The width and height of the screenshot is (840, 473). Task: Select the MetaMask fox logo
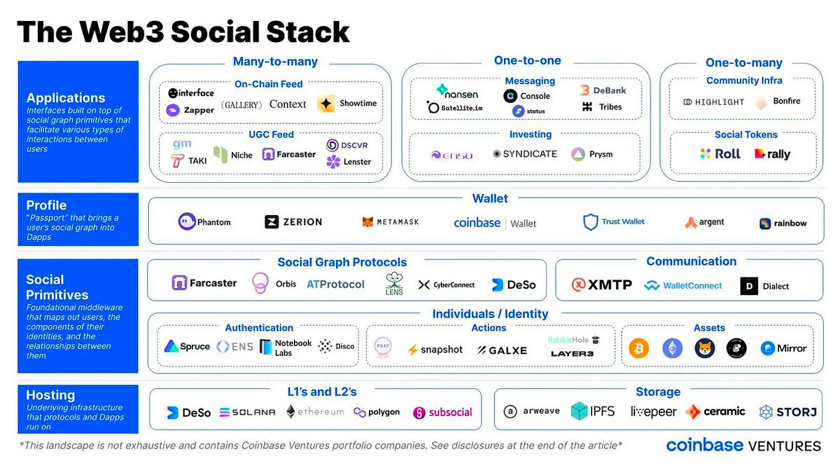pos(368,222)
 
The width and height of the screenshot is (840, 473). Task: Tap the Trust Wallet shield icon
pos(591,222)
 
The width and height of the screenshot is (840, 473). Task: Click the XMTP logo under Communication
pos(601,285)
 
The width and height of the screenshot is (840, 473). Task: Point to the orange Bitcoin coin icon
pos(638,348)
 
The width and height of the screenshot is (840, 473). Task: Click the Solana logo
pos(247,412)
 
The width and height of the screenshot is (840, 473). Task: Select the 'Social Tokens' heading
pos(745,135)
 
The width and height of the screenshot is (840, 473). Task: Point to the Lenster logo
pos(349,162)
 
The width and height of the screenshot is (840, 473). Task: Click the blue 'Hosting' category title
pos(50,395)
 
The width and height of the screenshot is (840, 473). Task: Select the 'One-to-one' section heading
pos(527,61)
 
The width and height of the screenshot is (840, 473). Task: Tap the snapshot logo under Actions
pos(435,350)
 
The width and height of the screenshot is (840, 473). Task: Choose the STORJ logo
pos(787,412)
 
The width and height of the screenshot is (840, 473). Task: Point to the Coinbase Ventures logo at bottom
pos(743,446)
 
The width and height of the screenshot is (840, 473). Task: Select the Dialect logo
pos(764,286)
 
